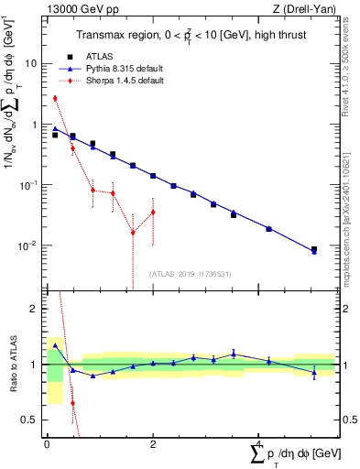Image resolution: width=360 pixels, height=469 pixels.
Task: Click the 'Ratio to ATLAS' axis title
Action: click(12, 365)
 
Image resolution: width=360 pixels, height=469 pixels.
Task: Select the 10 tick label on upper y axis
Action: click(31, 64)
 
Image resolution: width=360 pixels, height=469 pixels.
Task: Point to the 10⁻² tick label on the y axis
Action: click(28, 245)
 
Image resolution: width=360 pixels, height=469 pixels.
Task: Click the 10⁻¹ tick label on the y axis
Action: click(28, 185)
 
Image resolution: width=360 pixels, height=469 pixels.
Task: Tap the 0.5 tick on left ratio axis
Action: click(29, 420)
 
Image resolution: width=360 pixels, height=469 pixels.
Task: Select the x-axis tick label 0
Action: click(47, 444)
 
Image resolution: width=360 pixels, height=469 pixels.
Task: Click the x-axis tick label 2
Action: click(152, 444)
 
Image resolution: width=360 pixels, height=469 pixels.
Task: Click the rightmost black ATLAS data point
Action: click(314, 249)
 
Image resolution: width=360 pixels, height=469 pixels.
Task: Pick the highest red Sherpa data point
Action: click(55, 98)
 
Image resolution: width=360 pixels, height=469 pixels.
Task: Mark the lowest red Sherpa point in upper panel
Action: click(133, 233)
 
